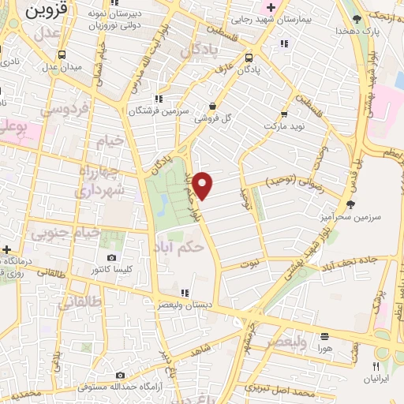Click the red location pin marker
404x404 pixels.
coord(203,185)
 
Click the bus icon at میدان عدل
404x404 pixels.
coord(62,54)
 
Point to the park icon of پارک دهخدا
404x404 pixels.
coord(358,18)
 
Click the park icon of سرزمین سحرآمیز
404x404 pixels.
coord(350,204)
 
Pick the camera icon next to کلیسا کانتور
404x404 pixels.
coord(110,258)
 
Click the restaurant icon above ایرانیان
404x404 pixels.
coord(376,366)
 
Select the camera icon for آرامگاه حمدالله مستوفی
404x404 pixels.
coord(120,375)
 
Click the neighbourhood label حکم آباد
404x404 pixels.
coord(181,245)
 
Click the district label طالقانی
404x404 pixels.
coord(80,301)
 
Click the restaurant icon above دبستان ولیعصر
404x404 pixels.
coord(185,292)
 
